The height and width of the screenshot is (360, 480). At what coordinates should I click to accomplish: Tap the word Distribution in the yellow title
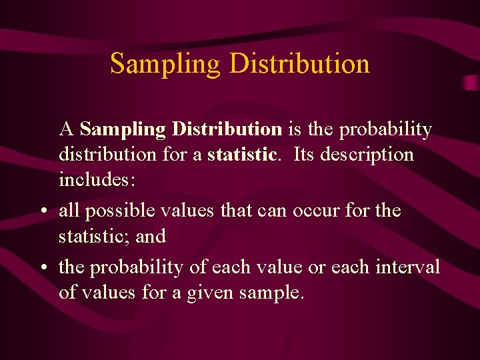299,64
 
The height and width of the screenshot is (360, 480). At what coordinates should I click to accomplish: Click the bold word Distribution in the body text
226,129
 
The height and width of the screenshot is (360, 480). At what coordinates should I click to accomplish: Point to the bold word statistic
241,155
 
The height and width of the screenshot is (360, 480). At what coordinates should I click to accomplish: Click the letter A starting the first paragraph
66,129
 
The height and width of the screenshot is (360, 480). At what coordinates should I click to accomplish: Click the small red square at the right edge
471,83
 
